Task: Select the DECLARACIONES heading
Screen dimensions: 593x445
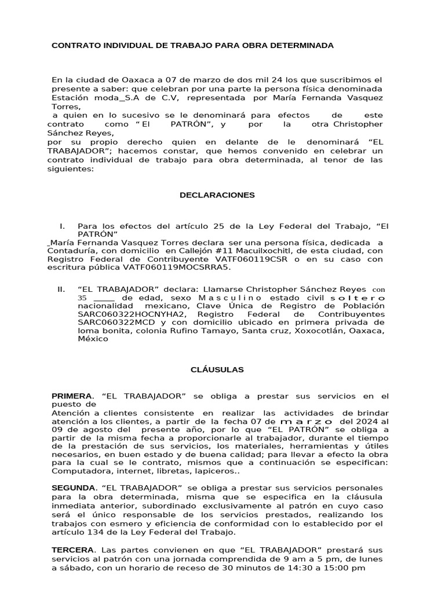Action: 217,195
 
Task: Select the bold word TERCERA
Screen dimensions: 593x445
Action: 72,550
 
